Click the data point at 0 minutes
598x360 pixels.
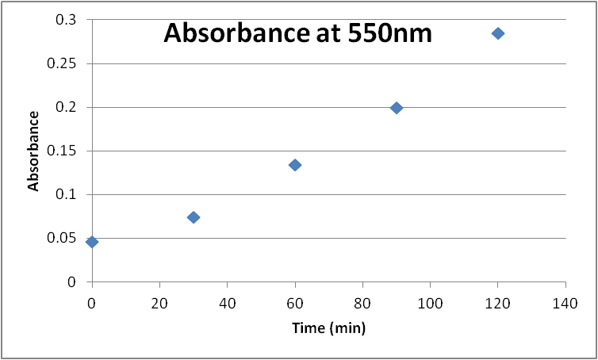pyautogui.click(x=92, y=242)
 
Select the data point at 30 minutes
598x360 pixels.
pyautogui.click(x=194, y=217)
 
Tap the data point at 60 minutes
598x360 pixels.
pyautogui.click(x=295, y=165)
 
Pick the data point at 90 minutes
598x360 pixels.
pyautogui.click(x=397, y=108)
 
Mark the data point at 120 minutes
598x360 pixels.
pyautogui.click(x=498, y=33)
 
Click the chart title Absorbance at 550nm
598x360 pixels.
pyautogui.click(x=297, y=34)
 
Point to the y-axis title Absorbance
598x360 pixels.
pyautogui.click(x=34, y=151)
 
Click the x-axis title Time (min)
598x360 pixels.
pyautogui.click(x=328, y=327)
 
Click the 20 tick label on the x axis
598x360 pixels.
pyautogui.click(x=159, y=302)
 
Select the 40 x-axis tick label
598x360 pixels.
pyautogui.click(x=227, y=302)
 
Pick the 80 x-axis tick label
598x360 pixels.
pyautogui.click(x=362, y=302)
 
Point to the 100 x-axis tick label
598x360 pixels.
pyautogui.click(x=430, y=302)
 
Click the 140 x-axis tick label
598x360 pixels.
pyautogui.click(x=565, y=302)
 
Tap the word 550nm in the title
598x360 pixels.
pyautogui.click(x=385, y=34)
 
